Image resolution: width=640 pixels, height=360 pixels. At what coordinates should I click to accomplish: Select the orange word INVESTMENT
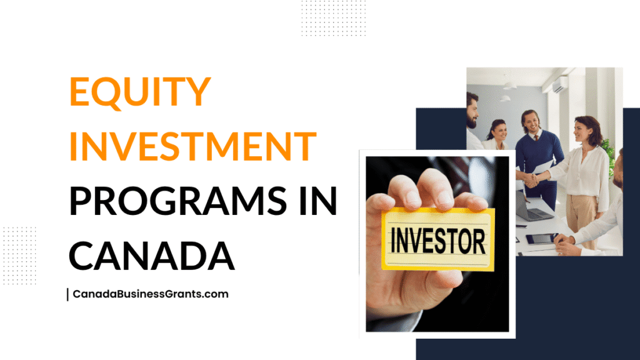pyautogui.click(x=192, y=146)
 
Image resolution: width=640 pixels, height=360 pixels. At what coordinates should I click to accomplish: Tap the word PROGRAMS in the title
pyautogui.click(x=178, y=201)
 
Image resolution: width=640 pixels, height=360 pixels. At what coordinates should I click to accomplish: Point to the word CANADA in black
pyautogui.click(x=152, y=256)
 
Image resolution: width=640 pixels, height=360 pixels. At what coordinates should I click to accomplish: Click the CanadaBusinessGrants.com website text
pyautogui.click(x=151, y=294)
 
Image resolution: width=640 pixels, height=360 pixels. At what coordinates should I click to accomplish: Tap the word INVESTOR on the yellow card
pyautogui.click(x=438, y=241)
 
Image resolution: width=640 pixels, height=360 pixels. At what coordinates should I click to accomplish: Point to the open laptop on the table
pyautogui.click(x=531, y=207)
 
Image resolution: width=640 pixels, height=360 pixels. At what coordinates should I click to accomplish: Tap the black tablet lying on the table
pyautogui.click(x=541, y=238)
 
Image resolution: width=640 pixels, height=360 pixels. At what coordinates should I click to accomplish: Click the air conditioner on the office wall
pyautogui.click(x=560, y=85)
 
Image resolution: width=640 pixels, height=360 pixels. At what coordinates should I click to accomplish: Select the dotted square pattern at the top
pyautogui.click(x=334, y=18)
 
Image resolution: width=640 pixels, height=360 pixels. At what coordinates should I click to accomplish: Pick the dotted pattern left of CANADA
pyautogui.click(x=19, y=256)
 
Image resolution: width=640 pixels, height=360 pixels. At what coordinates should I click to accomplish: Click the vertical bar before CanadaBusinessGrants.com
pyautogui.click(x=67, y=294)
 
